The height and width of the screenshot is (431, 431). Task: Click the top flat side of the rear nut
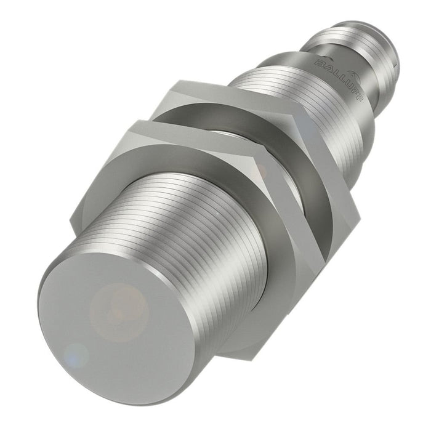[234, 92]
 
